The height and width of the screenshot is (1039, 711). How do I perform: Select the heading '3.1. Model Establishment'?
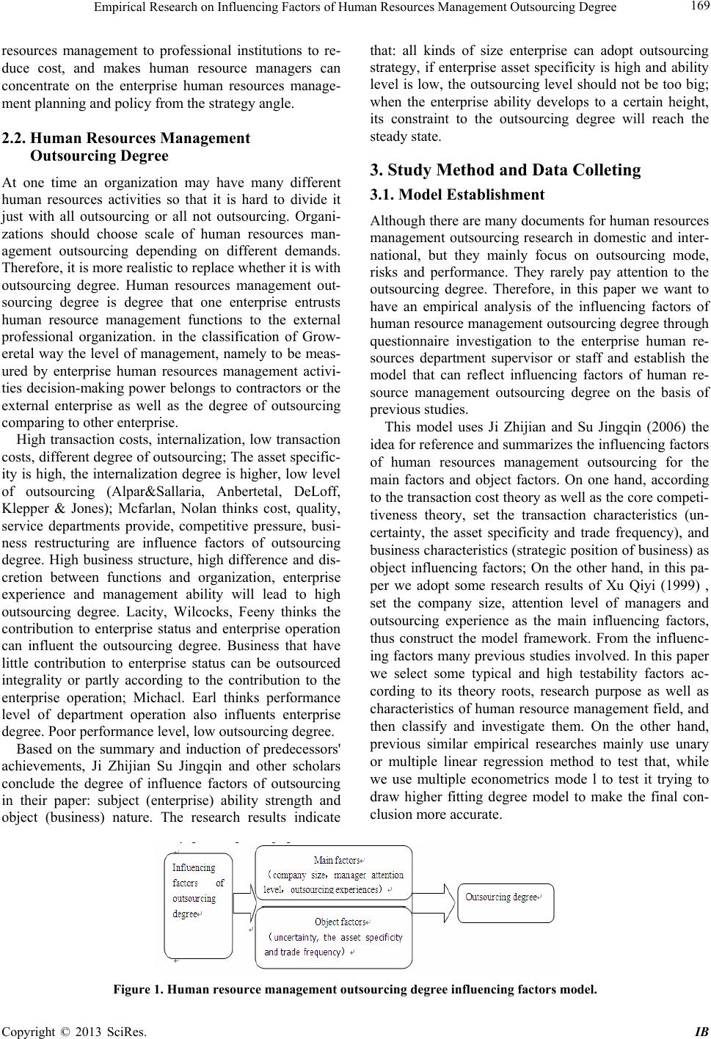[x=458, y=194]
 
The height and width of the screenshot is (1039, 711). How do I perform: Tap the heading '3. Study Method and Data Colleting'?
[x=506, y=170]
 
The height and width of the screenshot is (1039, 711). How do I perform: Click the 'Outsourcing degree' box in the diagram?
[x=506, y=897]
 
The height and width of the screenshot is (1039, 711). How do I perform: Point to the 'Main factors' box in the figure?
[x=334, y=874]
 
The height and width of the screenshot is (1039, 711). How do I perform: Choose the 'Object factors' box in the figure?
[x=334, y=936]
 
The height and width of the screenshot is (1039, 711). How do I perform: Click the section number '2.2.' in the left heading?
[x=15, y=138]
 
